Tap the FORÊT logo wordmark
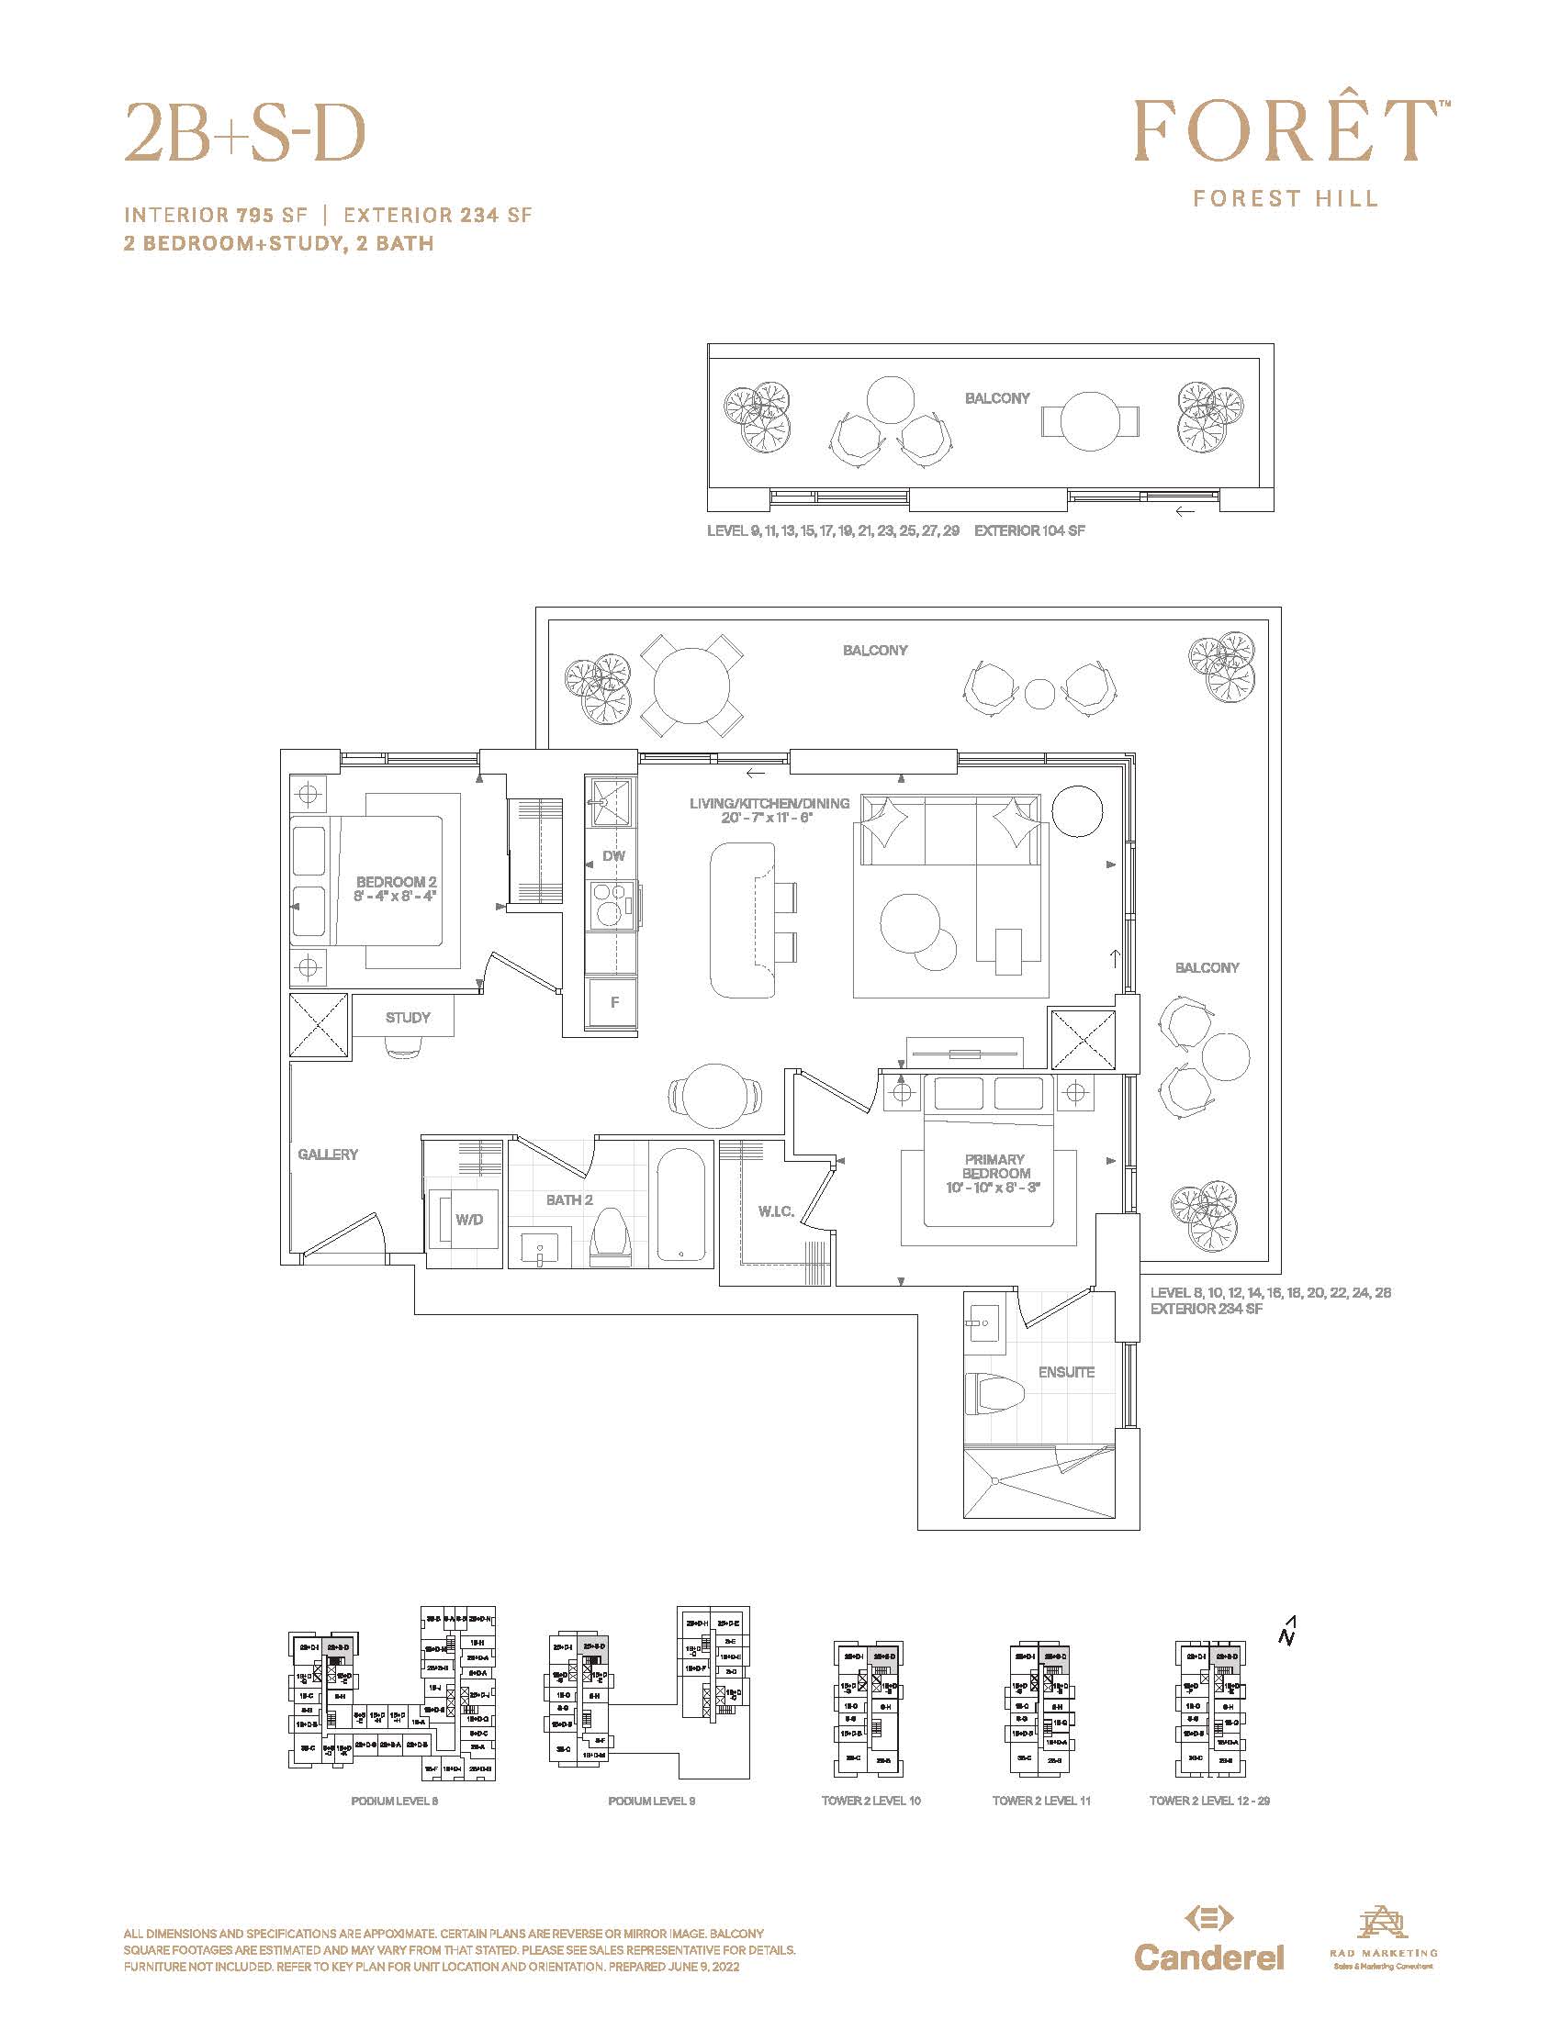pyautogui.click(x=1286, y=131)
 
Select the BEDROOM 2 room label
pyautogui.click(x=396, y=882)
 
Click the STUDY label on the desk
pyautogui.click(x=408, y=1017)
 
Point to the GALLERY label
pyautogui.click(x=328, y=1154)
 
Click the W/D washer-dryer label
pyautogui.click(x=469, y=1220)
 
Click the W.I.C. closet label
pyautogui.click(x=776, y=1211)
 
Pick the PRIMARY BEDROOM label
pyautogui.click(x=994, y=1166)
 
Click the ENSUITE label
pyautogui.click(x=1065, y=1372)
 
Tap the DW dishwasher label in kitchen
pyautogui.click(x=613, y=856)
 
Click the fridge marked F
pyautogui.click(x=614, y=1002)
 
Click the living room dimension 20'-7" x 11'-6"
pyautogui.click(x=768, y=817)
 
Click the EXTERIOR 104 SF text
pyautogui.click(x=1029, y=530)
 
